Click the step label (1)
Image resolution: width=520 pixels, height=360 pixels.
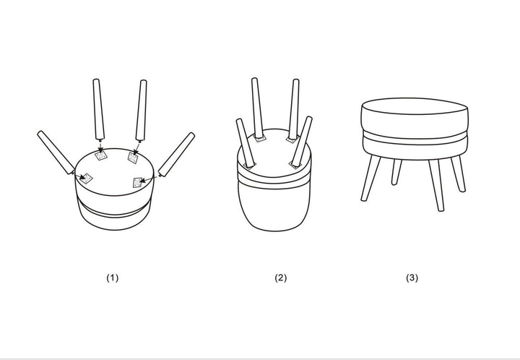point(112,278)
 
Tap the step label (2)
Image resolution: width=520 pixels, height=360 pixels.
point(280,278)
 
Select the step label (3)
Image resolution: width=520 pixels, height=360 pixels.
point(412,278)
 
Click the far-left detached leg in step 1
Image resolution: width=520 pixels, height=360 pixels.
point(56,152)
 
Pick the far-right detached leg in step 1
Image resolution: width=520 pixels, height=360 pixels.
point(176,154)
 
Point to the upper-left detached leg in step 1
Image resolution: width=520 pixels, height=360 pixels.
point(98,109)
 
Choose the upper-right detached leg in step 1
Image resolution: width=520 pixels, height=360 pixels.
point(142,111)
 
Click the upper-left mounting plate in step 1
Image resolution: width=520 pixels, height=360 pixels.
point(101,155)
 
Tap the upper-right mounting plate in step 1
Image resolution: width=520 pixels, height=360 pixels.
point(133,158)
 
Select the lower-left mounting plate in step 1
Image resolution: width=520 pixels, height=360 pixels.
point(87,179)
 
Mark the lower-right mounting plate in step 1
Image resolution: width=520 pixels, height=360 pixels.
point(138,182)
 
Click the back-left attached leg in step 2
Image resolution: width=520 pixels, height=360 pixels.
point(257,108)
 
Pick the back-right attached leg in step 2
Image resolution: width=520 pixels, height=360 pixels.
point(294,109)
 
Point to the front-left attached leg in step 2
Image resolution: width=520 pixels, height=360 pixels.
point(246,142)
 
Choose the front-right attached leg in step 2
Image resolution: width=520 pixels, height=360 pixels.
point(302,141)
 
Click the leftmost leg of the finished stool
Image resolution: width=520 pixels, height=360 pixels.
point(370,178)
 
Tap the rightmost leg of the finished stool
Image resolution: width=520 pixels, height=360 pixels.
point(459,173)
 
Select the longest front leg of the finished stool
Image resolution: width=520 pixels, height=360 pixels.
point(436,185)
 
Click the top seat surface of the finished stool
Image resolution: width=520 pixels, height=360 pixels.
point(415,106)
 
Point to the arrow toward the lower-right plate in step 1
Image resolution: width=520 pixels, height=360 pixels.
point(149,179)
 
